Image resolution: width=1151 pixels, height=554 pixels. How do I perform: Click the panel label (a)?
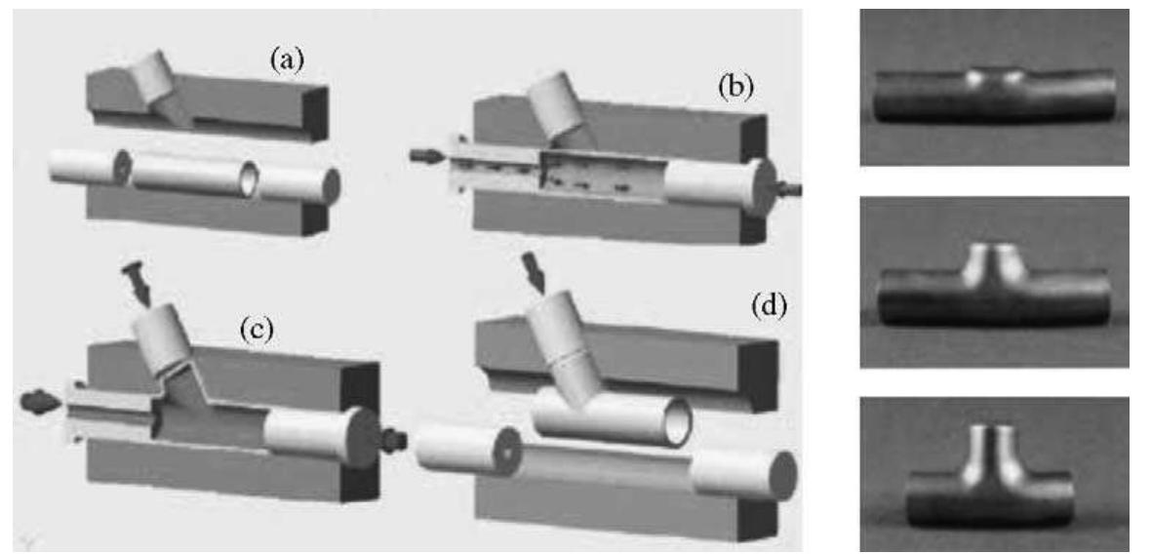(x=287, y=60)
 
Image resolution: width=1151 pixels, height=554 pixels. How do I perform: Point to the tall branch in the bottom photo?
(x=991, y=450)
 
